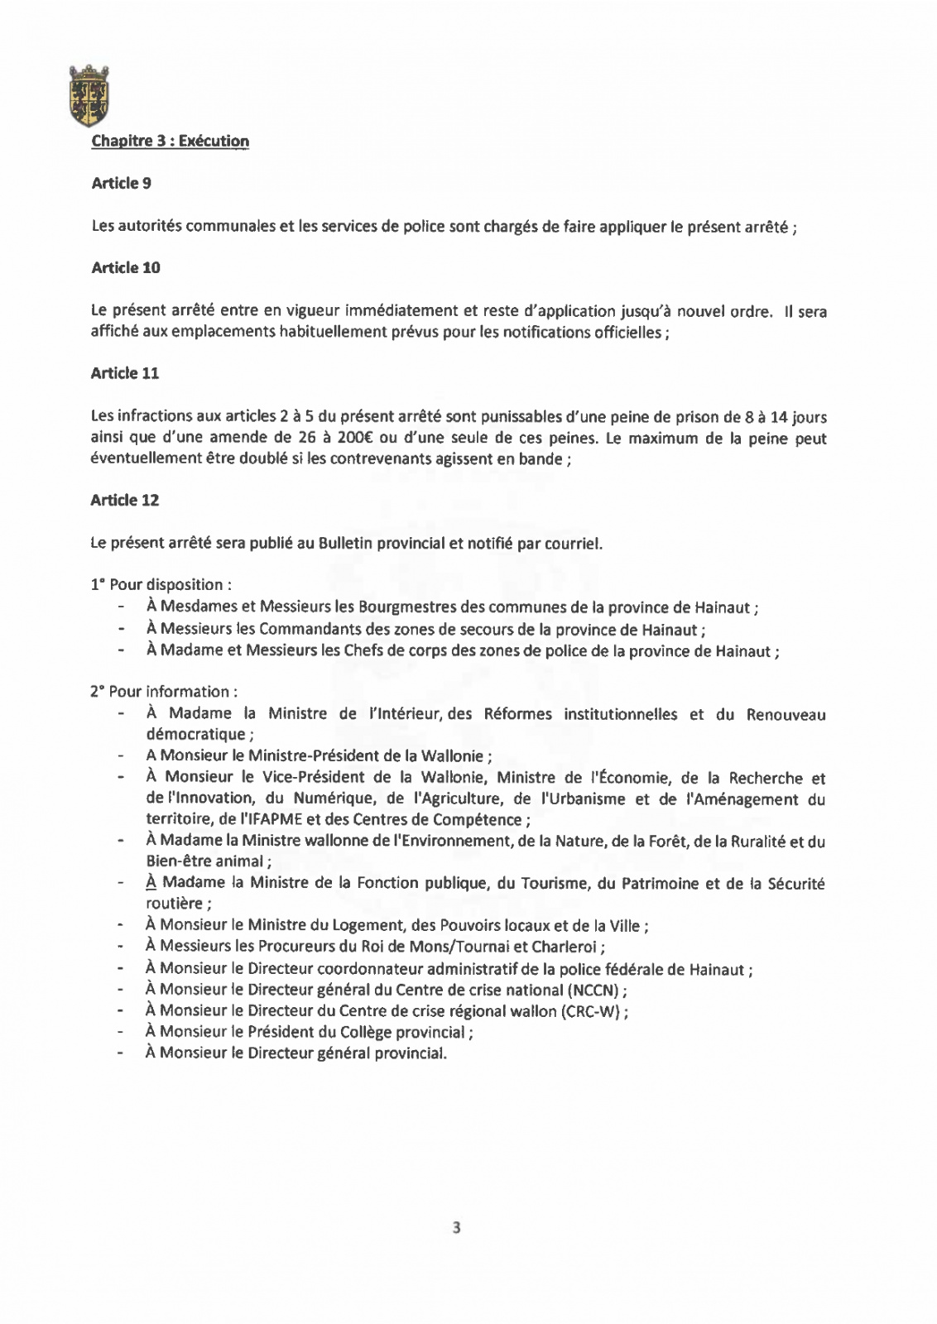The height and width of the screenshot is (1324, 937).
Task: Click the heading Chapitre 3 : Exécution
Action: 170,141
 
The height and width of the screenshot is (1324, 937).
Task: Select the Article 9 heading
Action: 121,183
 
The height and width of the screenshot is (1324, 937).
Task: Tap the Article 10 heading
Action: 125,267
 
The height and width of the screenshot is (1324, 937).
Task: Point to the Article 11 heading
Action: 124,373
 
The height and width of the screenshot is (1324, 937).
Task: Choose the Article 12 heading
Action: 124,500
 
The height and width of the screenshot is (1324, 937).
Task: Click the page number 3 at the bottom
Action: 457,1227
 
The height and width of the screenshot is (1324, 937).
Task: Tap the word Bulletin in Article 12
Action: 345,544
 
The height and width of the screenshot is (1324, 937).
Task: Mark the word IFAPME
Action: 270,820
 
